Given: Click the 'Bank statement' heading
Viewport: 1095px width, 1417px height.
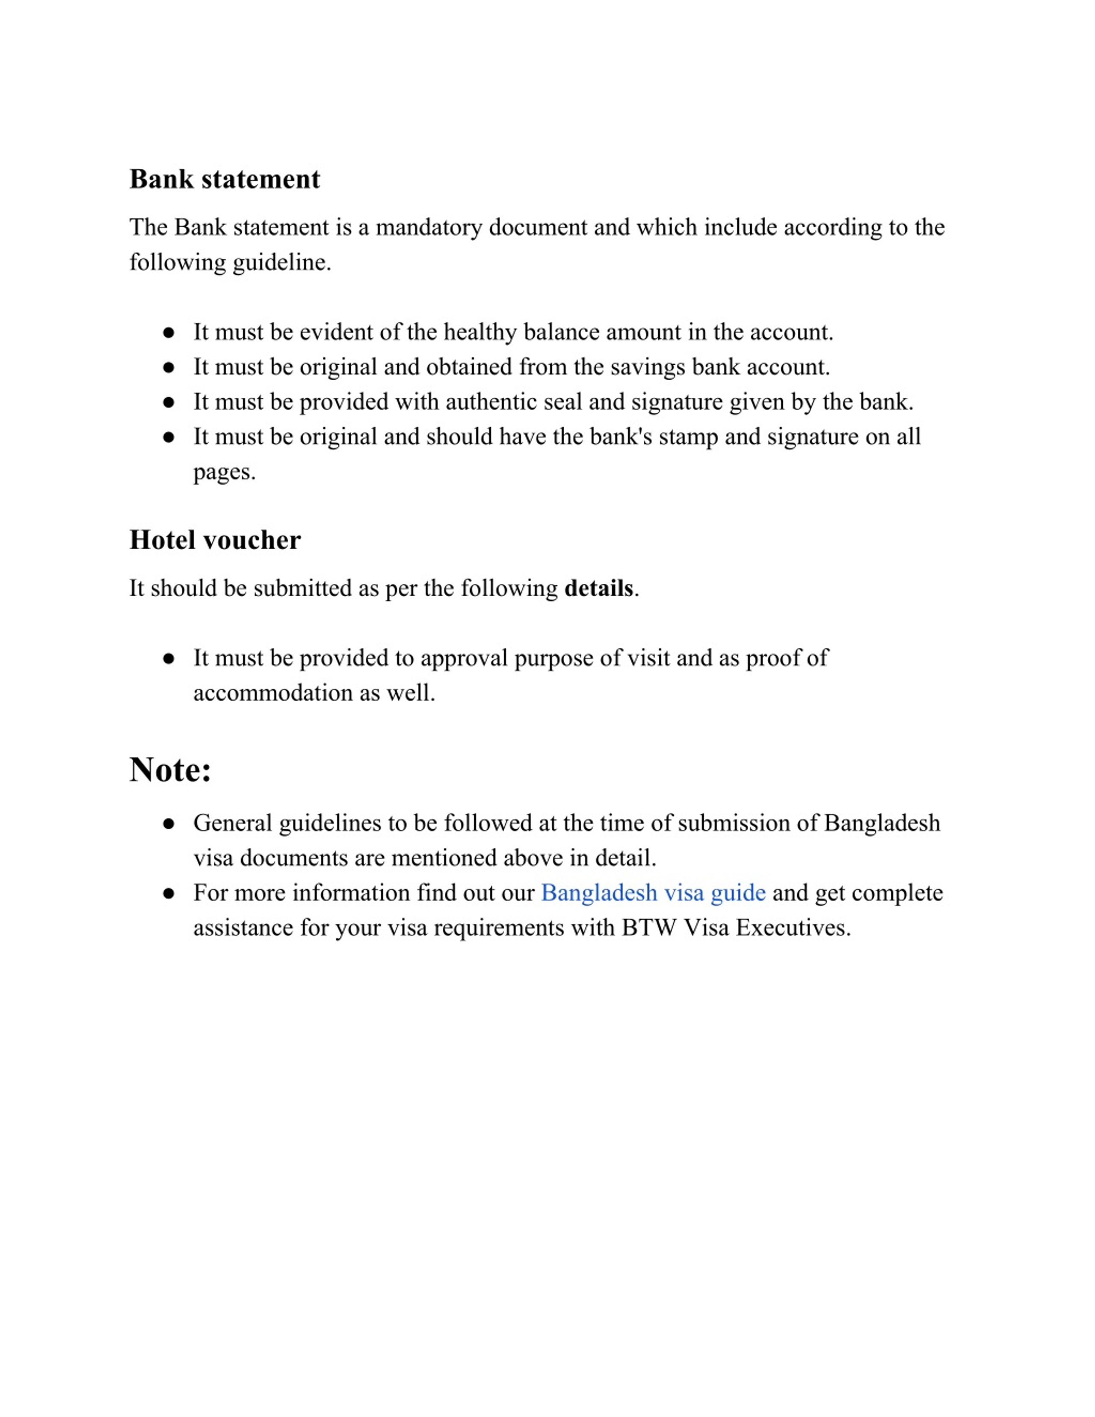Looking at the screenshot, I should pos(225,179).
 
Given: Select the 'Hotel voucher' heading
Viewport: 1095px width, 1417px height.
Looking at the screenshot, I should pos(215,540).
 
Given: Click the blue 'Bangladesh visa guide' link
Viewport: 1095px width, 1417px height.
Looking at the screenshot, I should pos(653,893).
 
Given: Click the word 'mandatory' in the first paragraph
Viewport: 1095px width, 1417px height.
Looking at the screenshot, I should pos(429,227).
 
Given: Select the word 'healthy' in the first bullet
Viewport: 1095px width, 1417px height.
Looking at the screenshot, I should pos(480,332).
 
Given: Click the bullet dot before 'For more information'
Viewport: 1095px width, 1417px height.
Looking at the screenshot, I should pos(169,893).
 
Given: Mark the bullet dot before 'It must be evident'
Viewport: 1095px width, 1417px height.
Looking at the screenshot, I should pos(169,333).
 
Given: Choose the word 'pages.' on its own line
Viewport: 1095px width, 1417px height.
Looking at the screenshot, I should pos(225,472).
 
